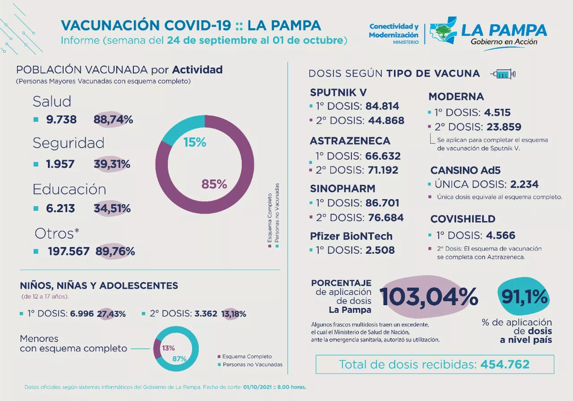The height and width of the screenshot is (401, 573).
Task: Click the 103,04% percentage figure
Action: click(x=428, y=296)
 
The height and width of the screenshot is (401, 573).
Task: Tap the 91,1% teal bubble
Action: click(x=523, y=296)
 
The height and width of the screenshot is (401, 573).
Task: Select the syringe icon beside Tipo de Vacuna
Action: click(x=503, y=74)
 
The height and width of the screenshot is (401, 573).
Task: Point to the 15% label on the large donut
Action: click(x=195, y=142)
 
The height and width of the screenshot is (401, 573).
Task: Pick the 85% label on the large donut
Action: click(x=214, y=184)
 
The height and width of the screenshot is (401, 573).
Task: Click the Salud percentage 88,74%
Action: click(x=113, y=119)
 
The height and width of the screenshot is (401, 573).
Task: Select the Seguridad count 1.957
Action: click(x=60, y=164)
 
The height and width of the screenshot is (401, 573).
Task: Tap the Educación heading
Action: click(x=69, y=189)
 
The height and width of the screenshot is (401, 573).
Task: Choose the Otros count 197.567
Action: click(x=69, y=252)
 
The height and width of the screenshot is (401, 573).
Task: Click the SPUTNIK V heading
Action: click(x=338, y=92)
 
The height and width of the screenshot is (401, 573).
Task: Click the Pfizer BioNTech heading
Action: click(x=351, y=236)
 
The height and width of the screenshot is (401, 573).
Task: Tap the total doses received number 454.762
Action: click(x=505, y=364)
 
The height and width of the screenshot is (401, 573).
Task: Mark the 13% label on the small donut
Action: click(x=168, y=348)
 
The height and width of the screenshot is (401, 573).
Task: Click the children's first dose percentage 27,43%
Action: click(x=112, y=314)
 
